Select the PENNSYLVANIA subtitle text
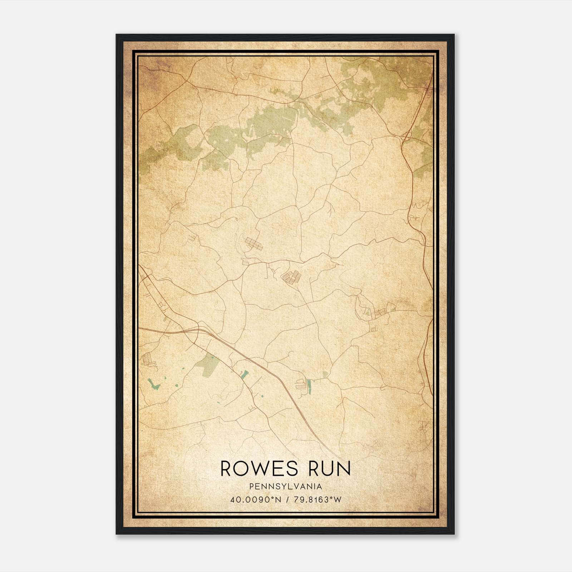[286, 486]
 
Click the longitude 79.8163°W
[317, 499]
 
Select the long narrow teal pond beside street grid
[309, 387]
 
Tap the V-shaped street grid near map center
[291, 277]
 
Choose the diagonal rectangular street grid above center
[253, 244]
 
